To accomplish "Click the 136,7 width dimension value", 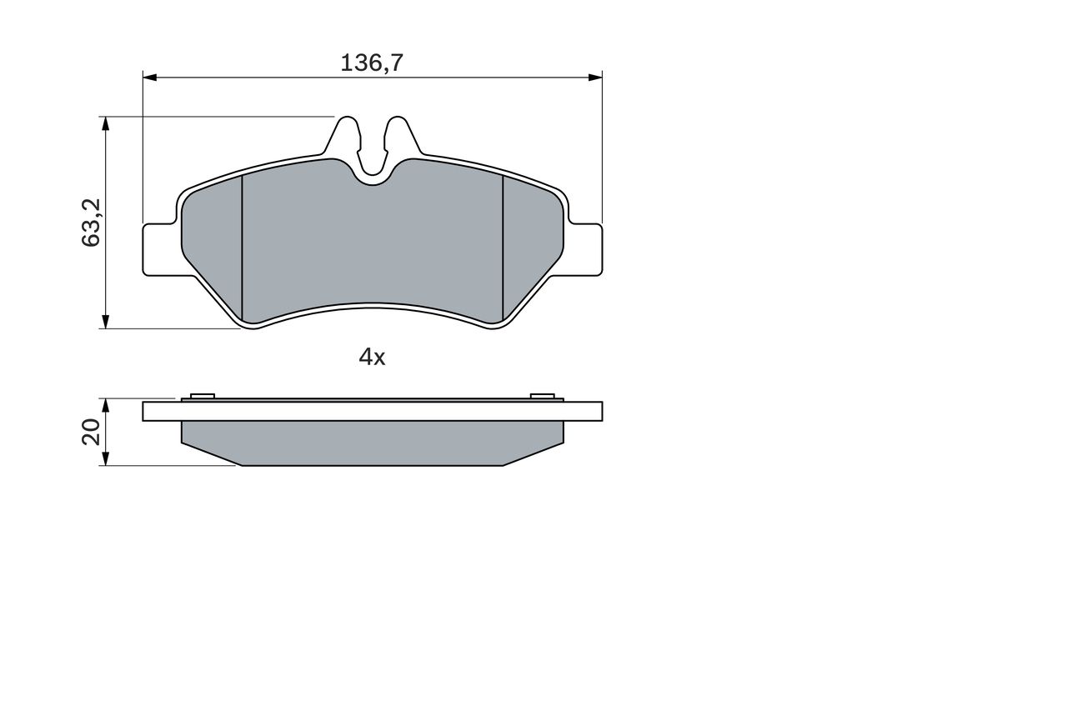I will click(x=372, y=63).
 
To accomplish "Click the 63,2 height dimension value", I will click(x=91, y=223).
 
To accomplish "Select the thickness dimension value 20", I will click(x=91, y=432).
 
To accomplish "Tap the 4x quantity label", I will click(x=372, y=358).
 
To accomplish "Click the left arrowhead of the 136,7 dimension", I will click(x=150, y=78).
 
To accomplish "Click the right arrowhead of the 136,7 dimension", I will click(x=595, y=78).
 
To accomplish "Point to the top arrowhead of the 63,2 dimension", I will click(x=105, y=123).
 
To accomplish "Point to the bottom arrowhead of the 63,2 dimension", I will click(x=105, y=322).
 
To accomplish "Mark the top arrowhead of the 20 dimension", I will click(x=105, y=404).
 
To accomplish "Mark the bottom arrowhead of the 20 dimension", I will click(x=105, y=459).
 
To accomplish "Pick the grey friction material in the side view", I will click(x=372, y=443).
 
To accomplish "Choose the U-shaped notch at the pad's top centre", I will click(x=372, y=171).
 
